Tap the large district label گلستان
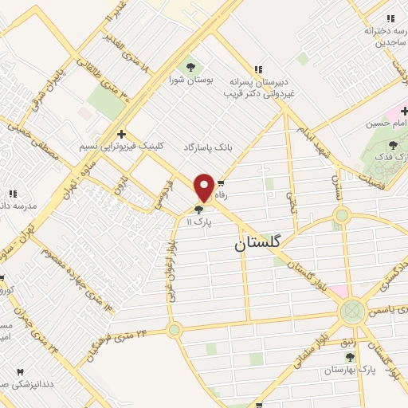pos(263,245)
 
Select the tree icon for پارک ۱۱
pos(198,210)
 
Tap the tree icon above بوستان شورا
pos(190,66)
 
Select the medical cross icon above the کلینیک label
pos(120,134)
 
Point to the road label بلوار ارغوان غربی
pos(171,271)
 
